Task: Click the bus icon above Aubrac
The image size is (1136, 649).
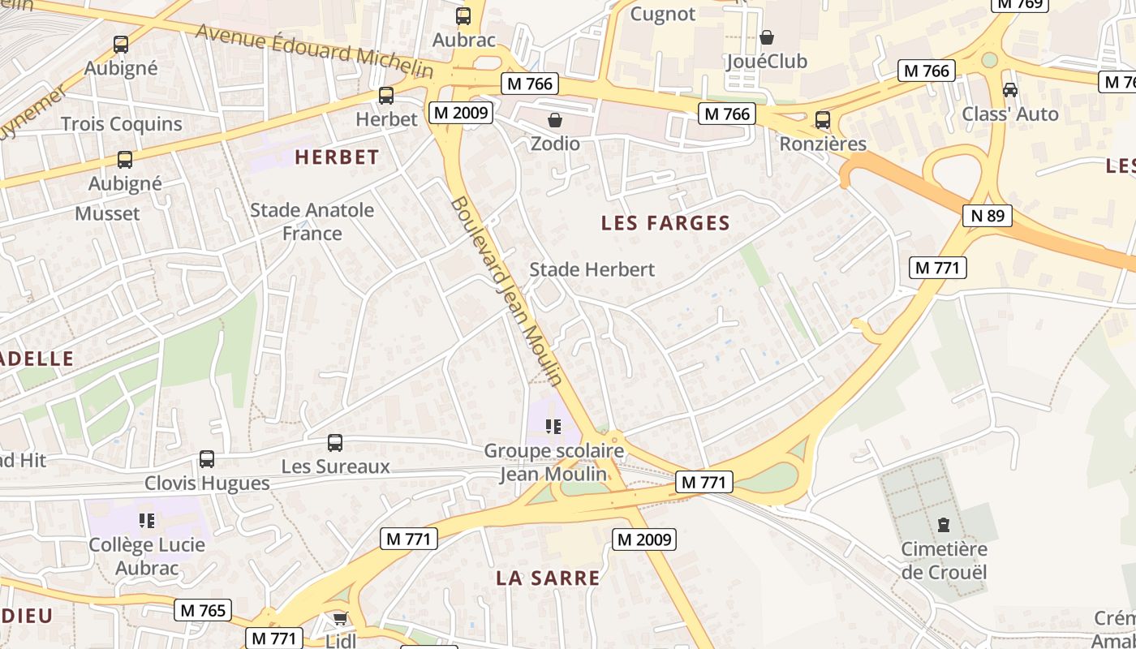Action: (x=463, y=15)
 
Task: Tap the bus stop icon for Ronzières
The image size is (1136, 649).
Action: (x=823, y=120)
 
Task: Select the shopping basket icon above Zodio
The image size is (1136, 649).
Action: (x=555, y=120)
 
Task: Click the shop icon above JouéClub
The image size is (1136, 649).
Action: (x=767, y=37)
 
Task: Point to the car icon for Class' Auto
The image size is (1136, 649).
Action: (x=1010, y=89)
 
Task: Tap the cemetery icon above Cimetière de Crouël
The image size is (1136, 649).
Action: (x=944, y=525)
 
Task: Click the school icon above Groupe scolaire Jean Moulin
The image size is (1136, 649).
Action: (x=554, y=426)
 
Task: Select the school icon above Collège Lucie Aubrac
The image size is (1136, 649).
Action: (x=147, y=520)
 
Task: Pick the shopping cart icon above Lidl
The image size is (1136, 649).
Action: (x=340, y=619)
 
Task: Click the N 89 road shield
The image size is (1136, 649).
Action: (x=988, y=216)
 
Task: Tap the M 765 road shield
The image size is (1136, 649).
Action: (x=202, y=610)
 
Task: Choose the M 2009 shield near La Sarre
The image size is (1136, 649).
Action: (x=643, y=539)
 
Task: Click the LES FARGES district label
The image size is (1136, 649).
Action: (x=665, y=223)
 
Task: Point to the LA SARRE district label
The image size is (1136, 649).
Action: (x=549, y=578)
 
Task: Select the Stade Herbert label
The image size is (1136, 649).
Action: (x=592, y=269)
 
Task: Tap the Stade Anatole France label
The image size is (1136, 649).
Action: (x=312, y=221)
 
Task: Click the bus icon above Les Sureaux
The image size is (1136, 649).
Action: (x=335, y=443)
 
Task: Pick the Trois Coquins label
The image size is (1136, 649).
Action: (x=122, y=124)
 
